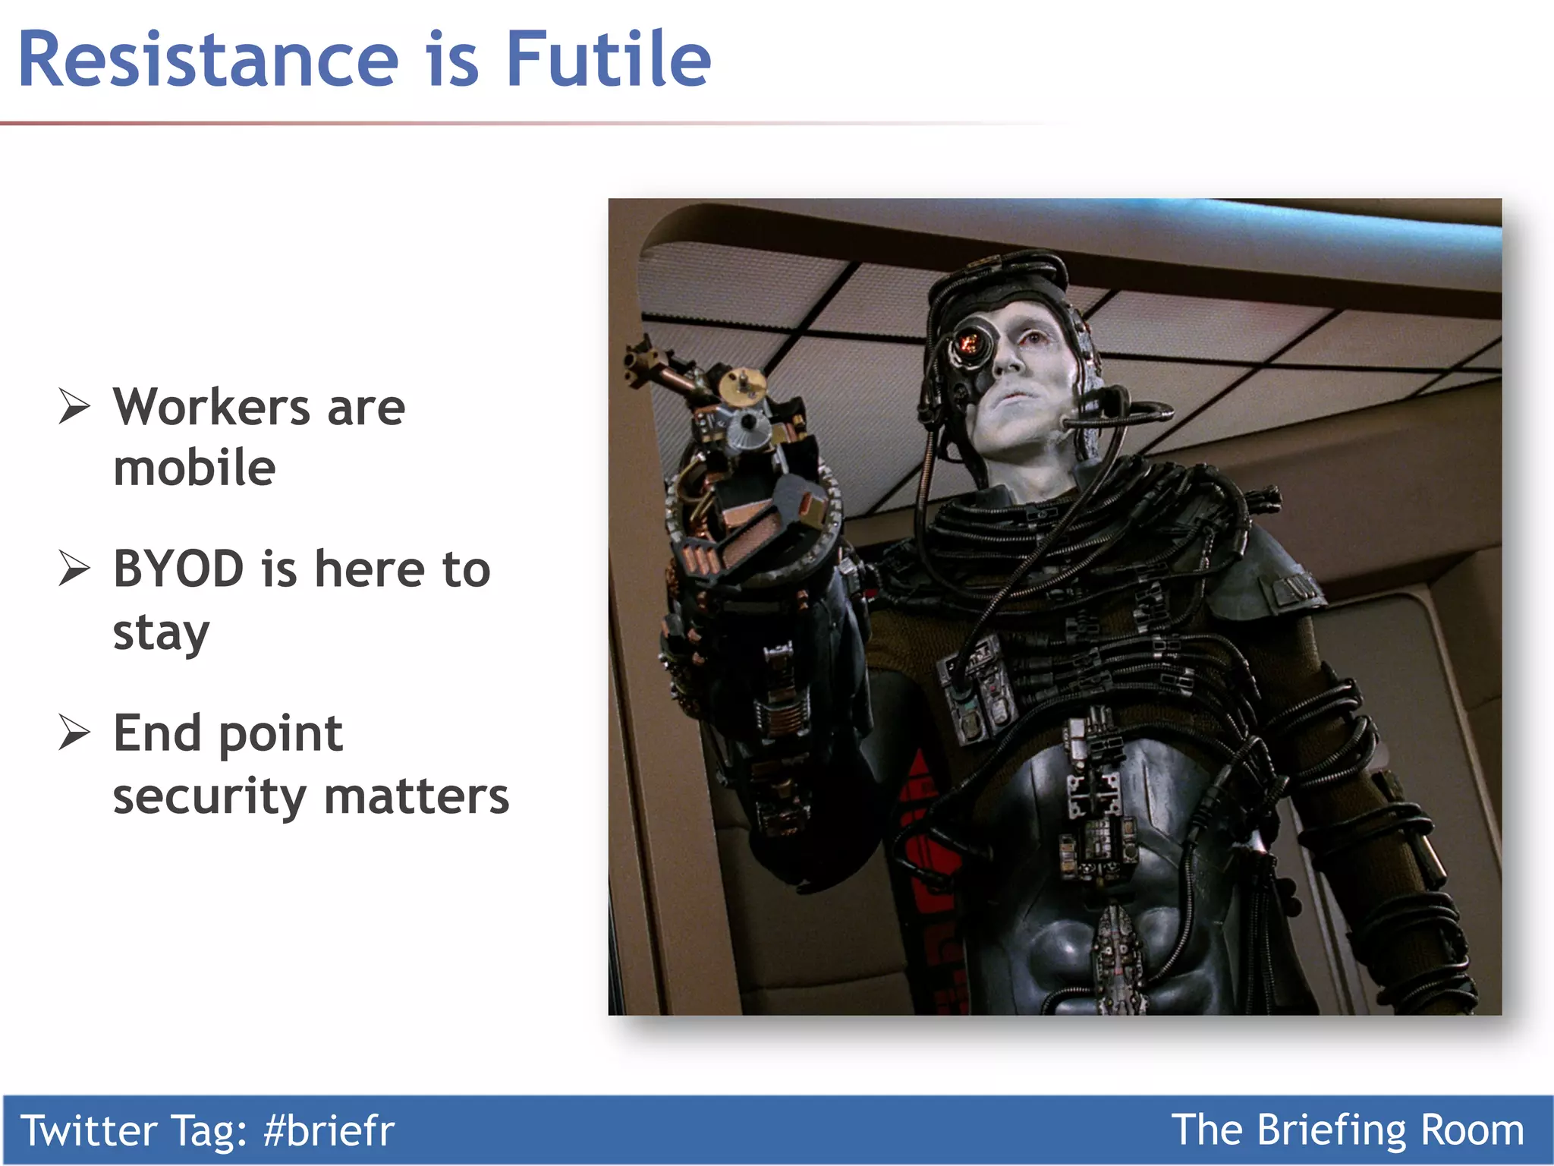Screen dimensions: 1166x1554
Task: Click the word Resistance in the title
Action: coord(208,59)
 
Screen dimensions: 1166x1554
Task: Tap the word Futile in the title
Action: coord(608,59)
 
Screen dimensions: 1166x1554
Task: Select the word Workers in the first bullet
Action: coord(212,408)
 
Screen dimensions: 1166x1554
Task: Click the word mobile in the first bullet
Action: coord(194,468)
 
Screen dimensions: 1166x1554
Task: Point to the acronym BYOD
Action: coord(178,569)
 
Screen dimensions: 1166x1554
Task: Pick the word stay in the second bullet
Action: coord(161,633)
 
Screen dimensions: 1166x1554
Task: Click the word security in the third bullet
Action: coord(209,797)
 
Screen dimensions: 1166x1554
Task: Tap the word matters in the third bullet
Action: coord(417,797)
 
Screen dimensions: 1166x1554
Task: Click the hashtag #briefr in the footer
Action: coord(329,1130)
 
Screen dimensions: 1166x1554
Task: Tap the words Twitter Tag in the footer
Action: coord(134,1130)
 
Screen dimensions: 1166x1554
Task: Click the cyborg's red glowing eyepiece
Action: coord(968,344)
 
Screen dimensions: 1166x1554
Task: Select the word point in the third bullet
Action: coord(281,735)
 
